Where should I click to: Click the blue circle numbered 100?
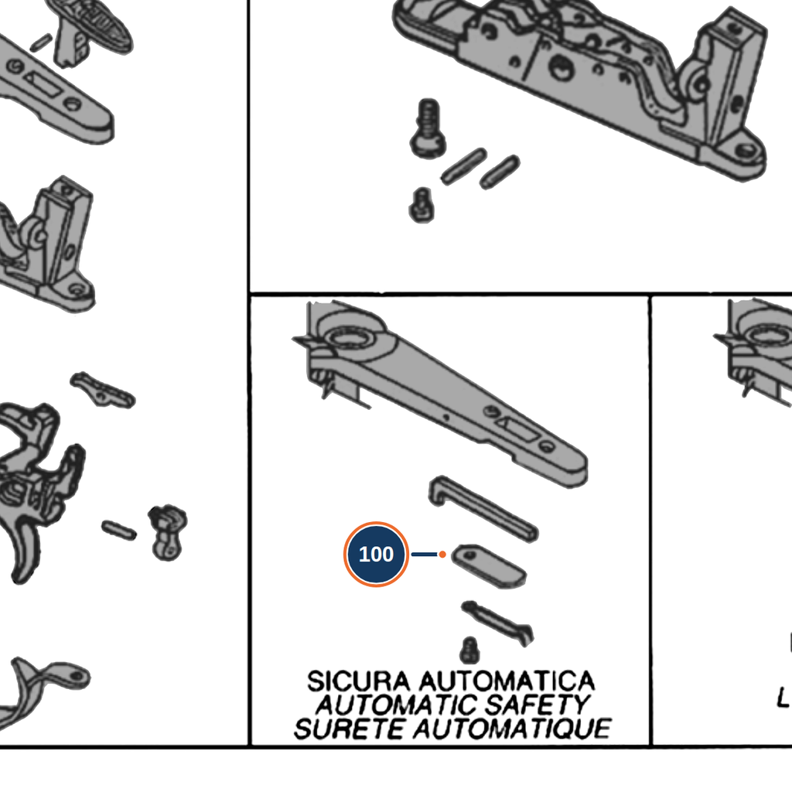coord(376,554)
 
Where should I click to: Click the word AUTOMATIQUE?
coord(512,729)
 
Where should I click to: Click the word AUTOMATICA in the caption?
coord(507,681)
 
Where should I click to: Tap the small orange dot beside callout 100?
coord(442,555)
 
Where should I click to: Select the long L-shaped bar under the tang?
coord(483,509)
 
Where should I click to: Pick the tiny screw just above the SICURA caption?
coord(469,650)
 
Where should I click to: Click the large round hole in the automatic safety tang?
coord(349,337)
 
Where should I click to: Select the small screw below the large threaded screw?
coord(422,205)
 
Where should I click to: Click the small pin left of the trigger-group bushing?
coord(118,530)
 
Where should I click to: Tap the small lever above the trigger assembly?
coord(103,390)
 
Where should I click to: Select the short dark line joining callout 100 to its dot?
coord(425,555)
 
